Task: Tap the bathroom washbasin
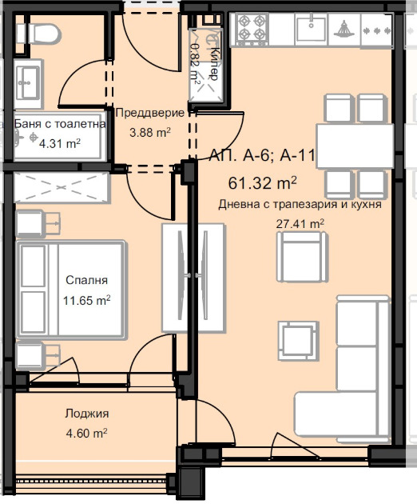click(28, 83)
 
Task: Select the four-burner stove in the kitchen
click(252, 28)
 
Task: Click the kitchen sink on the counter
click(311, 28)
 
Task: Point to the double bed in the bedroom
click(70, 289)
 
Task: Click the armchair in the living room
click(302, 257)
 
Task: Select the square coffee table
click(298, 340)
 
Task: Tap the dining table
click(355, 146)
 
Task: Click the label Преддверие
click(150, 113)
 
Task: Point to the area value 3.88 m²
click(150, 132)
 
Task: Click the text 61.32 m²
click(262, 183)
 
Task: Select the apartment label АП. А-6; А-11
click(262, 156)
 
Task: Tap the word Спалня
click(86, 280)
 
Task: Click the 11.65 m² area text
click(86, 301)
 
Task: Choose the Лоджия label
click(86, 414)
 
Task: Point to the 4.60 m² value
click(86, 434)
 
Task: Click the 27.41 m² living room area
click(300, 224)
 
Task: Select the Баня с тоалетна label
click(61, 124)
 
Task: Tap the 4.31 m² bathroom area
click(60, 143)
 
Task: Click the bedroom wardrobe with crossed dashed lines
click(62, 187)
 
